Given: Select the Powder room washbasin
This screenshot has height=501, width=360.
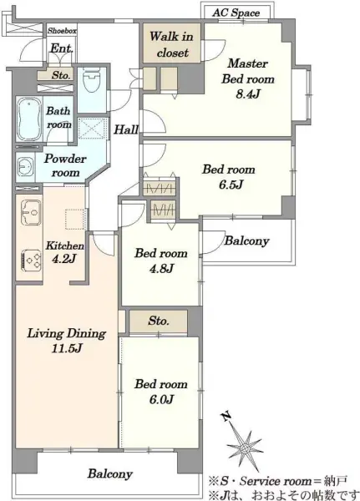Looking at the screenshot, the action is tap(24, 166).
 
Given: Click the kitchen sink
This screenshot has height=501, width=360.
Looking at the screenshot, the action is tap(31, 211).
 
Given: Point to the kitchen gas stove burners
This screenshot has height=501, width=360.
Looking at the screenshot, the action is tap(32, 261).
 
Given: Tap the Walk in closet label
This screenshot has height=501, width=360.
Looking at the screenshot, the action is tap(172, 44).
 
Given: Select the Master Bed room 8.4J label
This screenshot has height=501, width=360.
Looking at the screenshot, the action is tap(248, 78).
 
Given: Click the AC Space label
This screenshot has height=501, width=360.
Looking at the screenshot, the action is tap(236, 13).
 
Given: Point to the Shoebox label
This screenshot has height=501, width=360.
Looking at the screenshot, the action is tap(62, 31).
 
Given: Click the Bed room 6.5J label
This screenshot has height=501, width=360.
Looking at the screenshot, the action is tap(229, 176).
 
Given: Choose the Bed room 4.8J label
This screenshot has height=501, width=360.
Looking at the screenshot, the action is tap(161, 261).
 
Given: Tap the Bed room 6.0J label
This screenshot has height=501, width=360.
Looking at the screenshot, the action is tap(161, 392).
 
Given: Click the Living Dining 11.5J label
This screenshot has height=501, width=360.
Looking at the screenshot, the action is tap(67, 341).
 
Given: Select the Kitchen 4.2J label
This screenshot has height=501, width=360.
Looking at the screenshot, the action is tap(65, 252).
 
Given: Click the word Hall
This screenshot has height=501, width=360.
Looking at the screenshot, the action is tap(126, 129).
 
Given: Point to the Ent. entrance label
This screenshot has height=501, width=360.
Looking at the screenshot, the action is tap(62, 48).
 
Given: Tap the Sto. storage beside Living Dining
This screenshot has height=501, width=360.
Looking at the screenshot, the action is tap(159, 321).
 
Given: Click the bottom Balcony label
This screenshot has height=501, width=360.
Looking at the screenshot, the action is tap(110, 473).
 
